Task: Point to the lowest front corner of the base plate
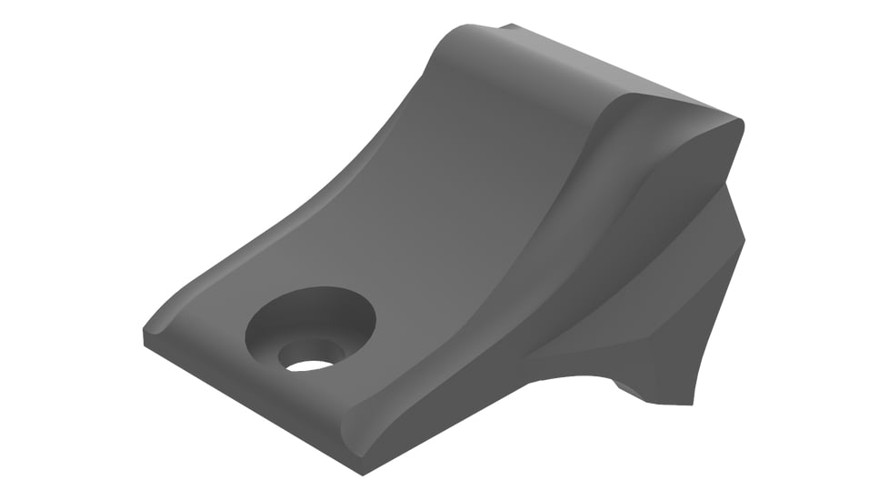(x=361, y=474)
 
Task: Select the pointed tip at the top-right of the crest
(x=742, y=124)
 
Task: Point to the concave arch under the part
(x=582, y=368)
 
